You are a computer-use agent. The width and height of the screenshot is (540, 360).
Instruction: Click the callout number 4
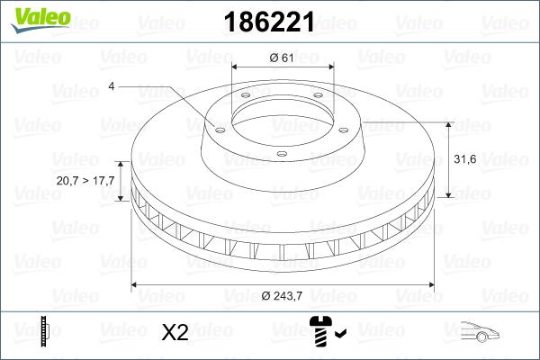pyautogui.click(x=112, y=86)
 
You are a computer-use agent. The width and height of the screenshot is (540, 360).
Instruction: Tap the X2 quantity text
pyautogui.click(x=174, y=333)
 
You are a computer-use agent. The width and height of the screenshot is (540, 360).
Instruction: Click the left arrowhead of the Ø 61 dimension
pyautogui.click(x=236, y=67)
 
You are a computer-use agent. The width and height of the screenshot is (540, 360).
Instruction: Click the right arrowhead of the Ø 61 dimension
pyautogui.click(x=329, y=67)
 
